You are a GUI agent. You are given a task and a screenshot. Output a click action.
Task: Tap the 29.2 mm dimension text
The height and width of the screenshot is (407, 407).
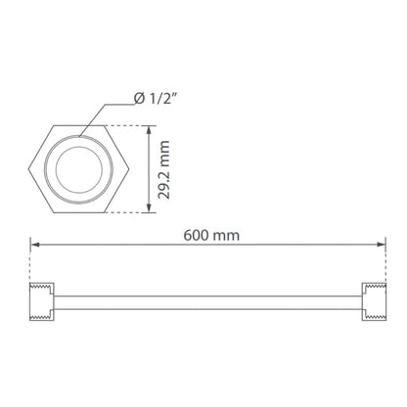coord(164,169)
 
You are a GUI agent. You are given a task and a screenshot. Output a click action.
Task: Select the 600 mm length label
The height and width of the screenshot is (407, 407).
coord(211,236)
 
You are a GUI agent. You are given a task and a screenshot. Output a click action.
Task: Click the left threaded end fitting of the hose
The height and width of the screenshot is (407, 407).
coord(42,302)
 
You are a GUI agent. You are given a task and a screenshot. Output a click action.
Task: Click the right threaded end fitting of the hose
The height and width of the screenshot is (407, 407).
coord(374,302)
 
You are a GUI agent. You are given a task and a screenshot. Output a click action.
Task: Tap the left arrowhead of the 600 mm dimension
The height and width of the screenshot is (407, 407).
coord(35,245)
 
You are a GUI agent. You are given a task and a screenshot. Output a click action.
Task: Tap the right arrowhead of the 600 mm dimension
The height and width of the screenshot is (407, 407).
coord(381,245)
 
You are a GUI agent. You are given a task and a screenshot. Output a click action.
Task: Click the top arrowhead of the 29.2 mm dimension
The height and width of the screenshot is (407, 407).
coord(149,130)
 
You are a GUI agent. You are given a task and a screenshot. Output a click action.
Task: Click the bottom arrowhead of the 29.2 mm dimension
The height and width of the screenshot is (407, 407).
coord(149,208)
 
